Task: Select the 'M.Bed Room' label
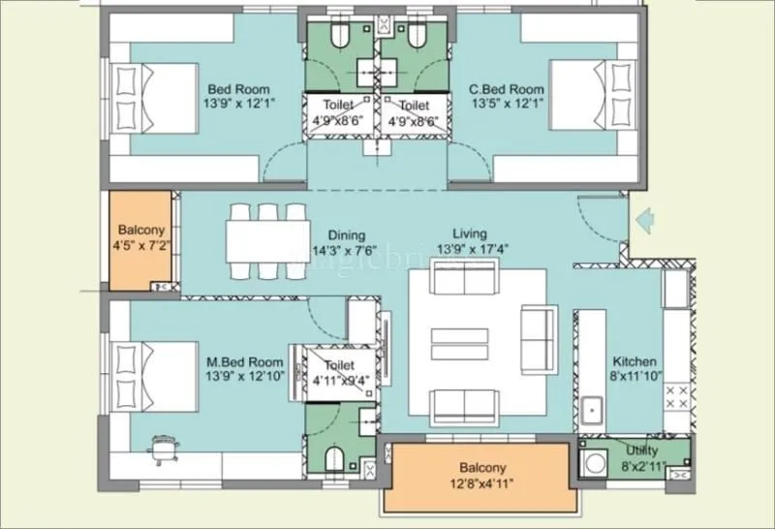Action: click(244, 362)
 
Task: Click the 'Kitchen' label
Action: click(635, 361)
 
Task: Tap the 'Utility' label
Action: click(641, 451)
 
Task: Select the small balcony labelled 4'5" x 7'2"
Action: click(141, 241)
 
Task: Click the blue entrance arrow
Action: click(640, 223)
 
